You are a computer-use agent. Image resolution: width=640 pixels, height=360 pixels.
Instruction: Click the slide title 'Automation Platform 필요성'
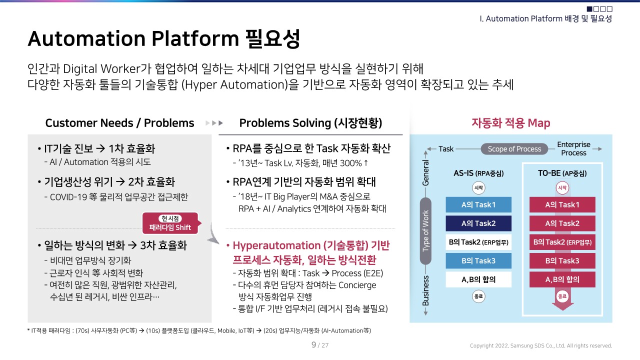[x=163, y=39]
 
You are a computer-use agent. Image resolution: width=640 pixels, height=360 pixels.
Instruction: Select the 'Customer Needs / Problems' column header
[x=119, y=123]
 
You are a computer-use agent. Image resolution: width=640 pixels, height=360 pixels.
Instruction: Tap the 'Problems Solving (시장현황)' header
[x=310, y=123]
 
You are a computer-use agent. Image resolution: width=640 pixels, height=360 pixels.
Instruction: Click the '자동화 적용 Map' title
[x=510, y=123]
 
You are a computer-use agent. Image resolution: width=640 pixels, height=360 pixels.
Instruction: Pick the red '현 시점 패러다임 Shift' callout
[x=170, y=223]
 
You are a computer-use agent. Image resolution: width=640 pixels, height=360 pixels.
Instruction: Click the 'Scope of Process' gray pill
[x=514, y=149]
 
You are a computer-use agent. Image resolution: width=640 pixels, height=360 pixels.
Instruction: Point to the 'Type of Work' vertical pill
[x=425, y=230]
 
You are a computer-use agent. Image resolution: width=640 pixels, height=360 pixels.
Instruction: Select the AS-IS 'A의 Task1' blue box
[x=478, y=204]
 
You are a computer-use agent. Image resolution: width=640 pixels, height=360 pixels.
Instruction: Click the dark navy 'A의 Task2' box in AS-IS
[x=478, y=223]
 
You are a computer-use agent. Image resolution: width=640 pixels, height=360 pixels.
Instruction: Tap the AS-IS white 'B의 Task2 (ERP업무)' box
[x=478, y=242]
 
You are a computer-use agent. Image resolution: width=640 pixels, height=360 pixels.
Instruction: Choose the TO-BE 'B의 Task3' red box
[x=562, y=260]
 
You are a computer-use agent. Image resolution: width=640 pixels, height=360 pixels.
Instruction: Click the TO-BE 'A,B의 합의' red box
[x=562, y=279]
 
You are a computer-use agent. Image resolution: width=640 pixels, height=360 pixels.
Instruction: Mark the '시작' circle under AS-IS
[x=478, y=188]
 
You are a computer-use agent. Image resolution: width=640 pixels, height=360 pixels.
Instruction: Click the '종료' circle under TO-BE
[x=562, y=296]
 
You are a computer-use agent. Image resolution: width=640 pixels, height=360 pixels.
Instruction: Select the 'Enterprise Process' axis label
[x=573, y=148]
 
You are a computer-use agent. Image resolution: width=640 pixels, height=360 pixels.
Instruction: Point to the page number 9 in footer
[x=313, y=345]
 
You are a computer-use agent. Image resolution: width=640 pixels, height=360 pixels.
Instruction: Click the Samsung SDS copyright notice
[x=540, y=345]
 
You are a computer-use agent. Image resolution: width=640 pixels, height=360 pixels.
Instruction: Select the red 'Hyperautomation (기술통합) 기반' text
[x=310, y=245]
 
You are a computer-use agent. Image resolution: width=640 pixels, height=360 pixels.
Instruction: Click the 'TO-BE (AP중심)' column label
[x=562, y=173]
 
